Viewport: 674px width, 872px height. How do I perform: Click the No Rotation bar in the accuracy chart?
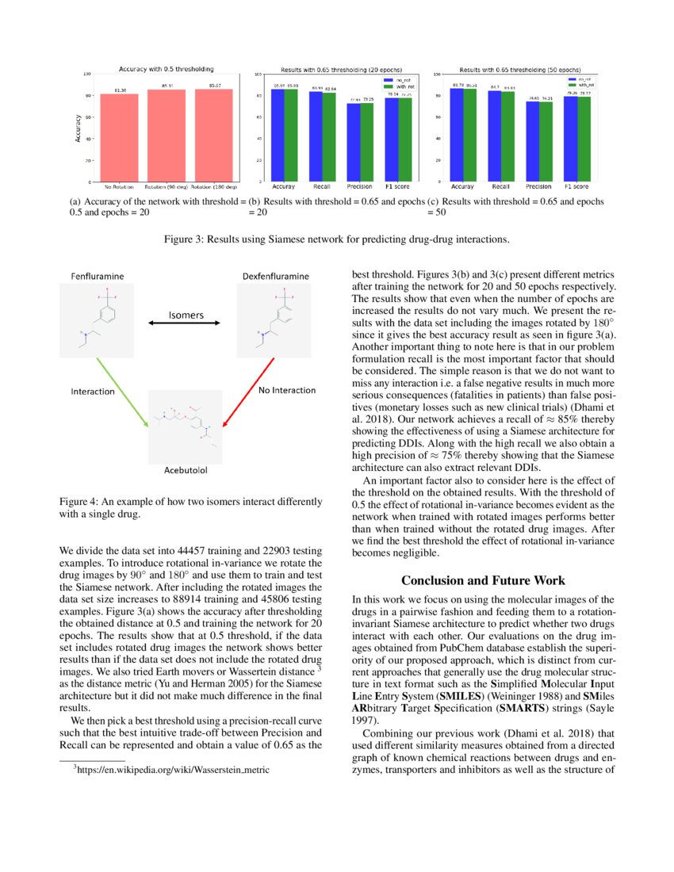119,139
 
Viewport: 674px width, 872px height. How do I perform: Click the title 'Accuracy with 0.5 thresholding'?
166,69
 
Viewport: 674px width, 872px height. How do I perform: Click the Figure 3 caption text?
336,238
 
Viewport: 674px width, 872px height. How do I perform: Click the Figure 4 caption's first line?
191,502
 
